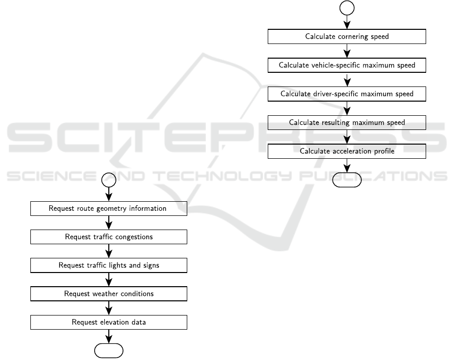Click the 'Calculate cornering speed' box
click(x=347, y=36)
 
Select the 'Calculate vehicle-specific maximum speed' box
click(x=347, y=65)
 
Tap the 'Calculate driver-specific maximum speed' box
click(x=347, y=94)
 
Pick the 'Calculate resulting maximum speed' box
click(x=347, y=123)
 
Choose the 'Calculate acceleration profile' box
click(x=347, y=151)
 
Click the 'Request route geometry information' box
click(x=109, y=208)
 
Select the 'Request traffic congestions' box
click(x=109, y=237)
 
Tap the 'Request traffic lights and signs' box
click(x=109, y=265)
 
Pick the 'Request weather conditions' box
click(x=109, y=294)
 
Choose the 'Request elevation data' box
click(x=109, y=322)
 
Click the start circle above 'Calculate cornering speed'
click(x=347, y=8)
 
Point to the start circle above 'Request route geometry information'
click(x=109, y=179)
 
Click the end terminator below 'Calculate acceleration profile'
click(x=347, y=180)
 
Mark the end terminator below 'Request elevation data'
click(x=109, y=350)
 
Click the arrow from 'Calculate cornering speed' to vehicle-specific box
click(x=347, y=51)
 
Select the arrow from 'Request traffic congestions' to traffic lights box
click(x=109, y=251)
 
